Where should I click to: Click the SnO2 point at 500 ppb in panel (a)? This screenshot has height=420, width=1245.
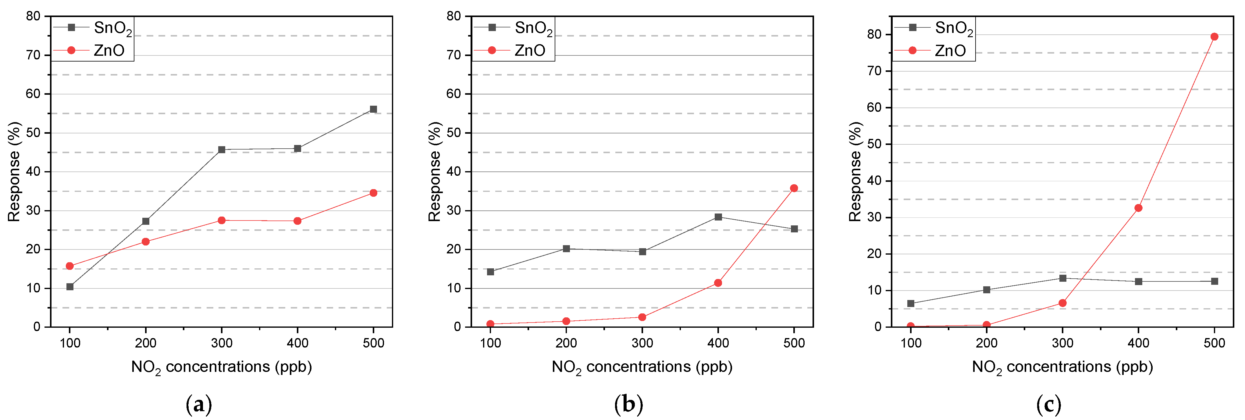click(x=373, y=109)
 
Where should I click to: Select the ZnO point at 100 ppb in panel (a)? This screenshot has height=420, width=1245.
click(x=69, y=266)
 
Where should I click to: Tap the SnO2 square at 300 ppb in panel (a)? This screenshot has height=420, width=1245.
click(x=221, y=150)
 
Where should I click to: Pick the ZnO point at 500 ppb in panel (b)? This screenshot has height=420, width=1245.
click(x=794, y=188)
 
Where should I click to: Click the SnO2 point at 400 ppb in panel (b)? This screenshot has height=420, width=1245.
click(x=718, y=217)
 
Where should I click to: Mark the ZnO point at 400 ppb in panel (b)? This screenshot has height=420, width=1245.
click(x=718, y=283)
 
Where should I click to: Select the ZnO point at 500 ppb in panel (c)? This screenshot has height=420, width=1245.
click(x=1214, y=37)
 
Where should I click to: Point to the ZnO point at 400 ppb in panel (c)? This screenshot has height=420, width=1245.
click(x=1138, y=208)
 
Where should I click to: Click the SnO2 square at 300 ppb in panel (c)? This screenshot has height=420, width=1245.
click(x=1063, y=278)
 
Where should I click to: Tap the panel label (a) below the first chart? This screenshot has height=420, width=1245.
click(x=199, y=404)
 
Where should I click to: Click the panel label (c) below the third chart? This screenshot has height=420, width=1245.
click(x=1049, y=404)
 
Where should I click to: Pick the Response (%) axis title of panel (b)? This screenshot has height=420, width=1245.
click(x=435, y=171)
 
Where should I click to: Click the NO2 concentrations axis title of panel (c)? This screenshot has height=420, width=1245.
click(x=1062, y=367)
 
